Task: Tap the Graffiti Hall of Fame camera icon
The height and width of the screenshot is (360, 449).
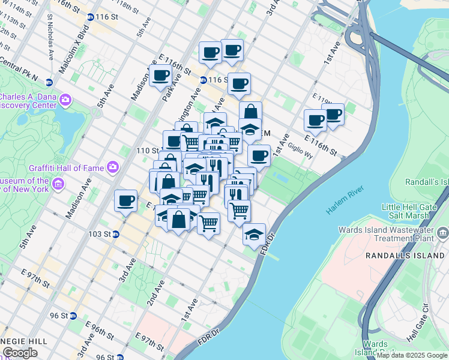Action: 112,166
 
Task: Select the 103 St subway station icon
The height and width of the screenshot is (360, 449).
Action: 116,234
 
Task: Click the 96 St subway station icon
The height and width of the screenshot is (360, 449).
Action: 73,316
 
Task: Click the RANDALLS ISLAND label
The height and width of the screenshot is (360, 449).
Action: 405,256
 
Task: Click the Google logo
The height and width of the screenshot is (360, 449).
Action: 20,353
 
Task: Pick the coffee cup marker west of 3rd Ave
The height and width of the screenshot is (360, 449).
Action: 125,200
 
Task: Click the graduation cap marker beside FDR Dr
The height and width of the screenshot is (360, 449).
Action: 254,233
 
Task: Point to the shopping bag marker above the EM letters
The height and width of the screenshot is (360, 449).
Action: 250,112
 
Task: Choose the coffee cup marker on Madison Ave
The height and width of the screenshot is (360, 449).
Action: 160,76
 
